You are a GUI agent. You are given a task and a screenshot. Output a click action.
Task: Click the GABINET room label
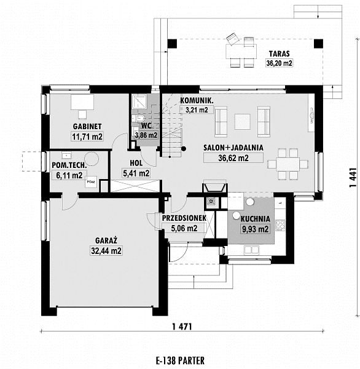(x=87, y=126)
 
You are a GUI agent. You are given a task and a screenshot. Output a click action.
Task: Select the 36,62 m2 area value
(x=233, y=158)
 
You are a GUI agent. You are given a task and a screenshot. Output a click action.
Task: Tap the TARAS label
(x=279, y=54)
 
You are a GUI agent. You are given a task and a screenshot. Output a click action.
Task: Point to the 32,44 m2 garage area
(x=106, y=251)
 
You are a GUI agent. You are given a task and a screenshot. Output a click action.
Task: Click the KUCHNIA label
(x=255, y=219)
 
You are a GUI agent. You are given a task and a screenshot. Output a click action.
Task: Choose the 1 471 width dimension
(x=182, y=327)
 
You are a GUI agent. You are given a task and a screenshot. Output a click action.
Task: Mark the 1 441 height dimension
(x=353, y=178)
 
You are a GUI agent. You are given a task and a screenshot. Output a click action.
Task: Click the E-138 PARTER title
(x=180, y=360)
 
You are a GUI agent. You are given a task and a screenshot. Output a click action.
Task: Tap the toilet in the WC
(x=141, y=117)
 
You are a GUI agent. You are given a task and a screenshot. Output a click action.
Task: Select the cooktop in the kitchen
(x=280, y=224)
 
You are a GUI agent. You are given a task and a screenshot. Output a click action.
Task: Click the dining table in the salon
(x=288, y=164)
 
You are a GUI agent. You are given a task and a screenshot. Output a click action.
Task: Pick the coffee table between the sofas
(x=242, y=122)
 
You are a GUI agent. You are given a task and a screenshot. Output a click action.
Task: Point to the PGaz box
(x=91, y=182)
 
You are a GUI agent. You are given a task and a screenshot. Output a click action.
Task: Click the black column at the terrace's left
(x=172, y=44)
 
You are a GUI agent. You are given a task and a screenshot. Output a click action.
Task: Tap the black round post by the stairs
(x=184, y=149)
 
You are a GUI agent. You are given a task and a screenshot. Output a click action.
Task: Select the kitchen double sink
(x=251, y=250)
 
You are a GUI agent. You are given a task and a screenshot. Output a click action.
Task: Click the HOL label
(x=136, y=163)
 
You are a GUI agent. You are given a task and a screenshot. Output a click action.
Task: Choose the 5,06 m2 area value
(x=184, y=228)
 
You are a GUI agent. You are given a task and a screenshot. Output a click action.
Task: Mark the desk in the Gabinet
(x=82, y=102)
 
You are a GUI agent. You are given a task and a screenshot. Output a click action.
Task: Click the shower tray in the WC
(x=139, y=101)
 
